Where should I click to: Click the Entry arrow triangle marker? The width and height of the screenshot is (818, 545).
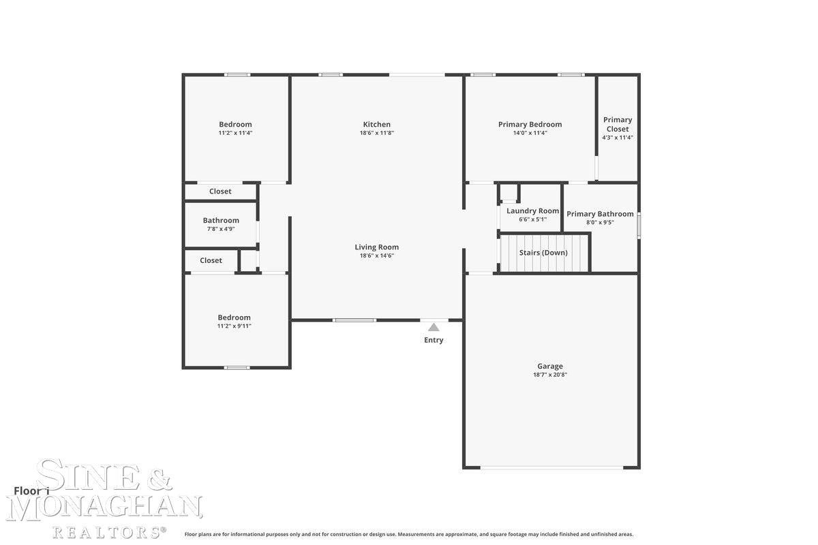pos(434,327)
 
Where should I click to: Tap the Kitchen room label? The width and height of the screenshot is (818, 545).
pos(376,125)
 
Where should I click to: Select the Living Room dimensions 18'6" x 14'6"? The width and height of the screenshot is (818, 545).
pos(376,255)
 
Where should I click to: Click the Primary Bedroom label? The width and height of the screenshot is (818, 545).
pos(530,125)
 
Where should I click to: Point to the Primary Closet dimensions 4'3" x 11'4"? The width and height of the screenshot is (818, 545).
pos(618,138)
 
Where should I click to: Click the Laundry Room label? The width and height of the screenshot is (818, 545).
pos(532,211)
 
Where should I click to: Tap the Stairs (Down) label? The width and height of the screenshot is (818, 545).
pos(543,253)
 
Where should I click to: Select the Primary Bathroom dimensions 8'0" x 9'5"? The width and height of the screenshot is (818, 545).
pos(600,222)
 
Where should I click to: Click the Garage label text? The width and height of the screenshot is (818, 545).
pos(550,366)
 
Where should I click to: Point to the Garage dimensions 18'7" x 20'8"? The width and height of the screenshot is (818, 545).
pos(550,375)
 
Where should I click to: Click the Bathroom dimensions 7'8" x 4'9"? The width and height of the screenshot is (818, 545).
pos(221,229)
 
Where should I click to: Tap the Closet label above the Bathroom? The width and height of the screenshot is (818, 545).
pos(220,191)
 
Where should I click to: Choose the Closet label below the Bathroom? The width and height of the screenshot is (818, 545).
pos(211,260)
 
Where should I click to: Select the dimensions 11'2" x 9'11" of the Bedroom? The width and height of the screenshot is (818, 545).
pos(234,326)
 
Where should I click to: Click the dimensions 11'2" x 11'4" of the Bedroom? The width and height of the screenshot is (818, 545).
pos(235,133)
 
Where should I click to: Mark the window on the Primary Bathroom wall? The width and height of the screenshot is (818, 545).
pos(639,225)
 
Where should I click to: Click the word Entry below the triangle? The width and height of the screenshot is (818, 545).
pos(434,340)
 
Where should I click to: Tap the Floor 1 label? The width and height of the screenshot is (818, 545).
pos(31,491)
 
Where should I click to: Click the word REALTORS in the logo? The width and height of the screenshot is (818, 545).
pos(108,532)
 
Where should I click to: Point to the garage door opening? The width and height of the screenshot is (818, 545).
pos(551,467)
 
